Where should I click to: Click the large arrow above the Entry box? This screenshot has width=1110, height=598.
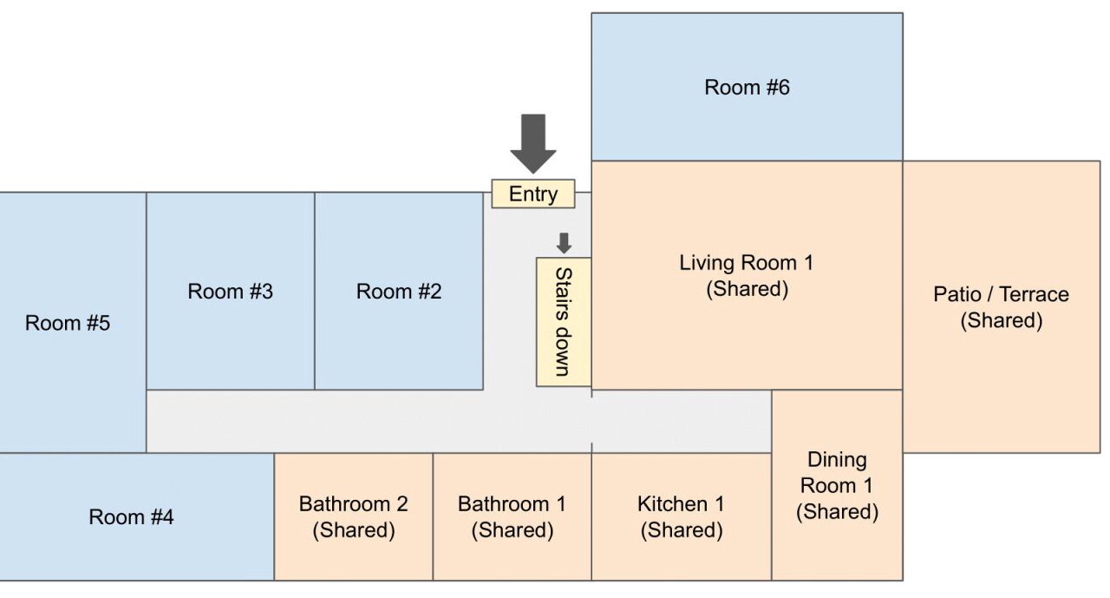click(532, 142)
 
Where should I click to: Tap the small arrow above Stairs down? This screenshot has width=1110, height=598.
click(564, 243)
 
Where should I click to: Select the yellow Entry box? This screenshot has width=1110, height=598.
click(533, 194)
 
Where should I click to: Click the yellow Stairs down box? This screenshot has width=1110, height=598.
click(564, 321)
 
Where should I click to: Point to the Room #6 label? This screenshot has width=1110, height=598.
click(747, 88)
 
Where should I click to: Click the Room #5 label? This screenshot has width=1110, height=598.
click(68, 324)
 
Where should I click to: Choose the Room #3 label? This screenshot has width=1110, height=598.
click(230, 292)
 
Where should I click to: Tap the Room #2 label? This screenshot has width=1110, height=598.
click(399, 292)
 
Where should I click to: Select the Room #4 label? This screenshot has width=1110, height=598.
click(131, 517)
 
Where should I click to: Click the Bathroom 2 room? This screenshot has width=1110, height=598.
click(354, 516)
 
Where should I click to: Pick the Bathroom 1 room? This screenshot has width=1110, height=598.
click(512, 516)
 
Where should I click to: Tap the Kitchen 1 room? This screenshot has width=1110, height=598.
click(682, 516)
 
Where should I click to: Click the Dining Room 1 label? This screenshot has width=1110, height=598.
click(837, 472)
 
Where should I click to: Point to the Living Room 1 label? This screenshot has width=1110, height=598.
click(747, 263)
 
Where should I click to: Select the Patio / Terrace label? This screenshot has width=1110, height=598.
click(1001, 294)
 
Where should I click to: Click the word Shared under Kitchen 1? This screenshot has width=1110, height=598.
click(682, 530)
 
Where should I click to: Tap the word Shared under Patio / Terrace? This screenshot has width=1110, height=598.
click(1001, 321)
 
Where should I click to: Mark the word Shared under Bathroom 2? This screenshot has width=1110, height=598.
click(354, 530)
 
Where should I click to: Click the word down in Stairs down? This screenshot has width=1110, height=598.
click(563, 352)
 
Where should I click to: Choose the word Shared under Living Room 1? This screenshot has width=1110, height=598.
click(747, 289)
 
